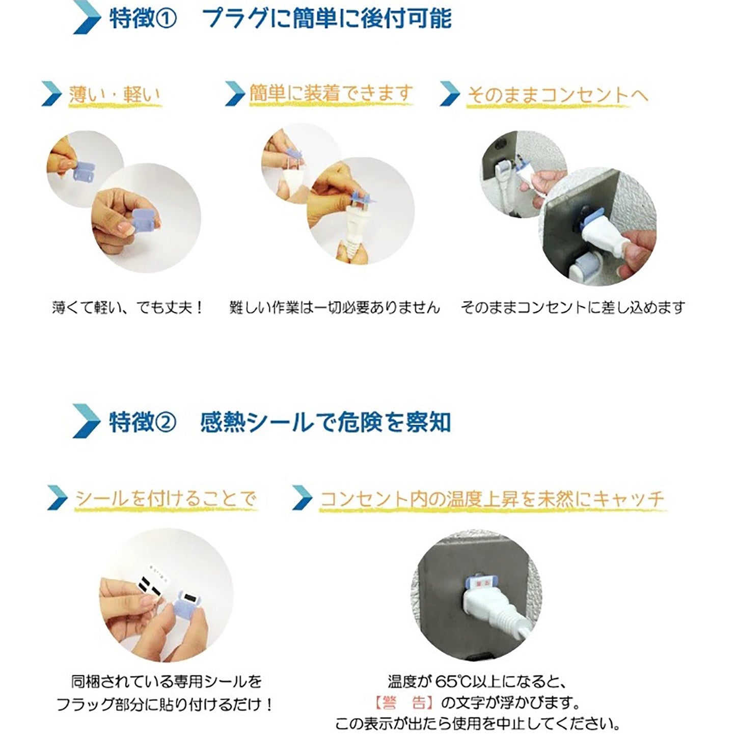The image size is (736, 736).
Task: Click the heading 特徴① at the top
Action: click(143, 19)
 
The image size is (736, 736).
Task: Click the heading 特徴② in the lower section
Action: click(143, 422)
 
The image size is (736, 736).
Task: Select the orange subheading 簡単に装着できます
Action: click(331, 94)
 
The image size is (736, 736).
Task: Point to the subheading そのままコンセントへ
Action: click(557, 95)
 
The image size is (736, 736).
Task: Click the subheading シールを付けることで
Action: click(166, 498)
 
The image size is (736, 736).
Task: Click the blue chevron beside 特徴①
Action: click(86, 19)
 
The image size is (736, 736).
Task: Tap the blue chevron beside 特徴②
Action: click(86, 421)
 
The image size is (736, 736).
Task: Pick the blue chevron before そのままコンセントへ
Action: click(450, 94)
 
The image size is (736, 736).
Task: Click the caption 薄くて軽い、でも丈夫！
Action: click(128, 308)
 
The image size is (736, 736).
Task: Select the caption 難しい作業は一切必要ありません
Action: click(334, 308)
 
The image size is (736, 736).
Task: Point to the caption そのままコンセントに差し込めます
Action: click(573, 308)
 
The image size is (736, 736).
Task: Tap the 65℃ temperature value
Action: click(455, 681)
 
